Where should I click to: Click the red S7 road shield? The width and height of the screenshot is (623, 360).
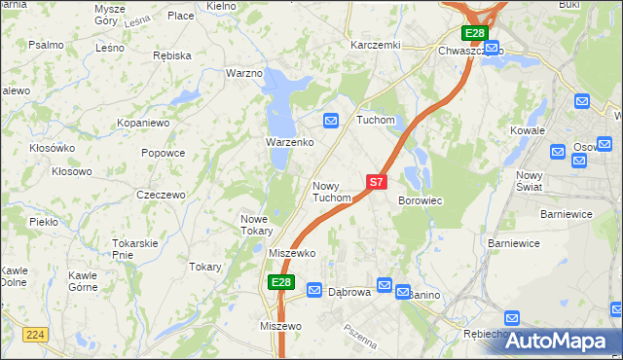pyautogui.click(x=378, y=181)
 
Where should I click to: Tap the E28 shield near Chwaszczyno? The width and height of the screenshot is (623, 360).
pyautogui.click(x=474, y=33)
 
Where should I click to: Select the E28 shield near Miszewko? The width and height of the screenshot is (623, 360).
pyautogui.click(x=280, y=282)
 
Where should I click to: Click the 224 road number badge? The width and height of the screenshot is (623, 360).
pyautogui.click(x=36, y=333)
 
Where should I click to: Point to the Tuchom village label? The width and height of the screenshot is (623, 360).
pyautogui.click(x=375, y=121)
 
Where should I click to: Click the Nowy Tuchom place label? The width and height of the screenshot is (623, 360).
pyautogui.click(x=331, y=192)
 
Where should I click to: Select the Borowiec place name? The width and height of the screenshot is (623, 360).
pyautogui.click(x=421, y=200)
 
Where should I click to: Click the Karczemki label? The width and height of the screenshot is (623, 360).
pyautogui.click(x=376, y=45)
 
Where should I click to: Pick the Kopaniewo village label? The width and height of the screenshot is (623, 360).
pyautogui.click(x=143, y=124)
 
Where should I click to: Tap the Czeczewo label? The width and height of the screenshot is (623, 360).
pyautogui.click(x=161, y=195)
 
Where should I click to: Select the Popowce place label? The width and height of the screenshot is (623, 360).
pyautogui.click(x=163, y=153)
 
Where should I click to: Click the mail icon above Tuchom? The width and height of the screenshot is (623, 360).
pyautogui.click(x=331, y=121)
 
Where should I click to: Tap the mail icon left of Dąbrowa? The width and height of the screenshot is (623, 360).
pyautogui.click(x=314, y=290)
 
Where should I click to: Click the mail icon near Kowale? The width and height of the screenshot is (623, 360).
pyautogui.click(x=582, y=100)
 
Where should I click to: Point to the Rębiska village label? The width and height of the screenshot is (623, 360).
pyautogui.click(x=172, y=55)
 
